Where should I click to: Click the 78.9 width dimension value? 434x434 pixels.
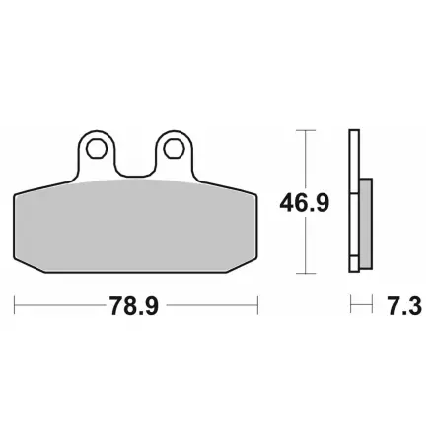pyautogui.click(x=134, y=306)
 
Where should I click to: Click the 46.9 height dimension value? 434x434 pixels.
pyautogui.click(x=304, y=203)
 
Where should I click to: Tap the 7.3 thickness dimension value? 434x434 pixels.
pyautogui.click(x=404, y=306)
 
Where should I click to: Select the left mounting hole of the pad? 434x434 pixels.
pyautogui.click(x=97, y=149)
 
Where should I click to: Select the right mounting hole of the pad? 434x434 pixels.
pyautogui.click(x=175, y=149)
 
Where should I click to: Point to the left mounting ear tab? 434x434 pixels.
pyautogui.click(x=97, y=155)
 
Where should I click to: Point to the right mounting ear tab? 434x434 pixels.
pyautogui.click(x=175, y=155)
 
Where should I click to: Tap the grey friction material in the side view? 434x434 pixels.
pyautogui.click(x=366, y=224)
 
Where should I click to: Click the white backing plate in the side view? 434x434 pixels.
pyautogui.click(x=354, y=201)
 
